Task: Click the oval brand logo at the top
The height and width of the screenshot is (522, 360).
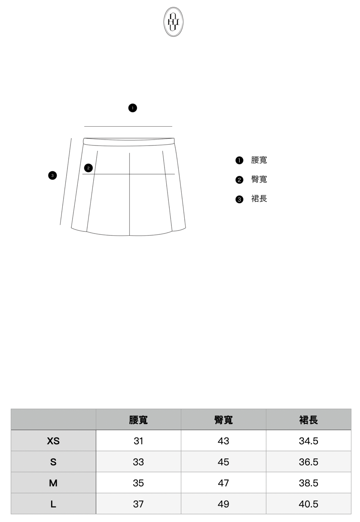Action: tap(173, 21)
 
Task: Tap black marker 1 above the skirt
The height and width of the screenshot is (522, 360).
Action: tap(133, 108)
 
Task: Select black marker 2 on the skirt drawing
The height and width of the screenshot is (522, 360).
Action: tap(88, 168)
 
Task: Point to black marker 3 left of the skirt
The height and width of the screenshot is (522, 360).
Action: tap(52, 175)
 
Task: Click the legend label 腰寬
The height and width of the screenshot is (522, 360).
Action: tap(259, 160)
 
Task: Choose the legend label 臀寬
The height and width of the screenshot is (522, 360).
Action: tap(259, 179)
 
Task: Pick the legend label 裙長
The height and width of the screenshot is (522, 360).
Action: tap(259, 199)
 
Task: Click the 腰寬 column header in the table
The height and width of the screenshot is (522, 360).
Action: tap(138, 420)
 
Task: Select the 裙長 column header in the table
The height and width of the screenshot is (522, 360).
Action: tap(308, 420)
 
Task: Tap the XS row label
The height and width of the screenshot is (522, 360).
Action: tap(53, 441)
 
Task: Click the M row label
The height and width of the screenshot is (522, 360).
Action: tap(53, 483)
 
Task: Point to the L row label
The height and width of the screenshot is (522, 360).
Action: tap(53, 504)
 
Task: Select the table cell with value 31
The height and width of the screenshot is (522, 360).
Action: tap(138, 441)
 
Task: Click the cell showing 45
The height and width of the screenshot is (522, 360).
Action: tap(223, 462)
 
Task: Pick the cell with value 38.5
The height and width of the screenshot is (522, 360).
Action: tap(308, 483)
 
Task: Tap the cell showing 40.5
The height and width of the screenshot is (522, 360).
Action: tap(308, 504)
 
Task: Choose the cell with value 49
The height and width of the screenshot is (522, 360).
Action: tap(223, 504)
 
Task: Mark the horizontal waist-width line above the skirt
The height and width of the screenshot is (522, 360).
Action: tap(128, 127)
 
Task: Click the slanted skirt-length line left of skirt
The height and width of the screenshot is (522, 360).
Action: tap(66, 181)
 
